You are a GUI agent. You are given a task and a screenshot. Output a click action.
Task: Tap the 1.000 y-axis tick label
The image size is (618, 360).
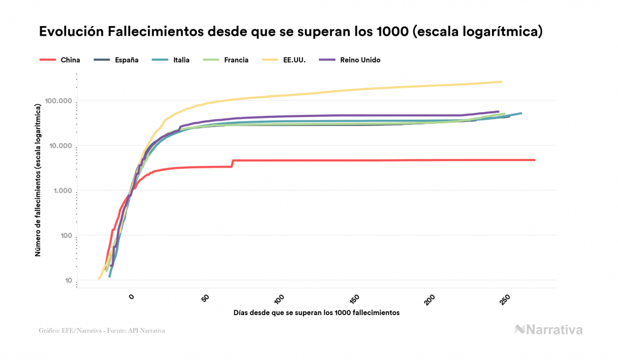[x=62, y=191]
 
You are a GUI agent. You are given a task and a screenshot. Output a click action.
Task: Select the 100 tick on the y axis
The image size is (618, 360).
[x=65, y=236]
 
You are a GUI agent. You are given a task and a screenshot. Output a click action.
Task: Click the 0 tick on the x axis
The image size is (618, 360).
[x=132, y=296]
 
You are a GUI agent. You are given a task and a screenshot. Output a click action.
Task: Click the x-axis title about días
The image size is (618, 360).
[x=316, y=312]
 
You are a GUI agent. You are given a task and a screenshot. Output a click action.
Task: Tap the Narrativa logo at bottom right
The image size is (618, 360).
[x=549, y=330]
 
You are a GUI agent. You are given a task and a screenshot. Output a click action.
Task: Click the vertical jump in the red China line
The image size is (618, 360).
[x=232, y=163]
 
